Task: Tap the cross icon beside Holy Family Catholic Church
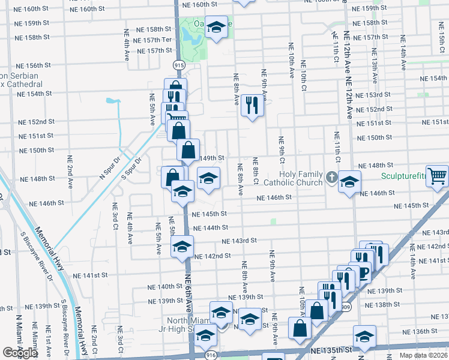click(x=332, y=176)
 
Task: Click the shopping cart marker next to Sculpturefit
click(x=437, y=176)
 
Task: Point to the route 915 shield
click(x=179, y=64)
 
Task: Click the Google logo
click(x=20, y=353)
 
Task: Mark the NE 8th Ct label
click(x=255, y=171)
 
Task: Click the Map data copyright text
click(x=424, y=355)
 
